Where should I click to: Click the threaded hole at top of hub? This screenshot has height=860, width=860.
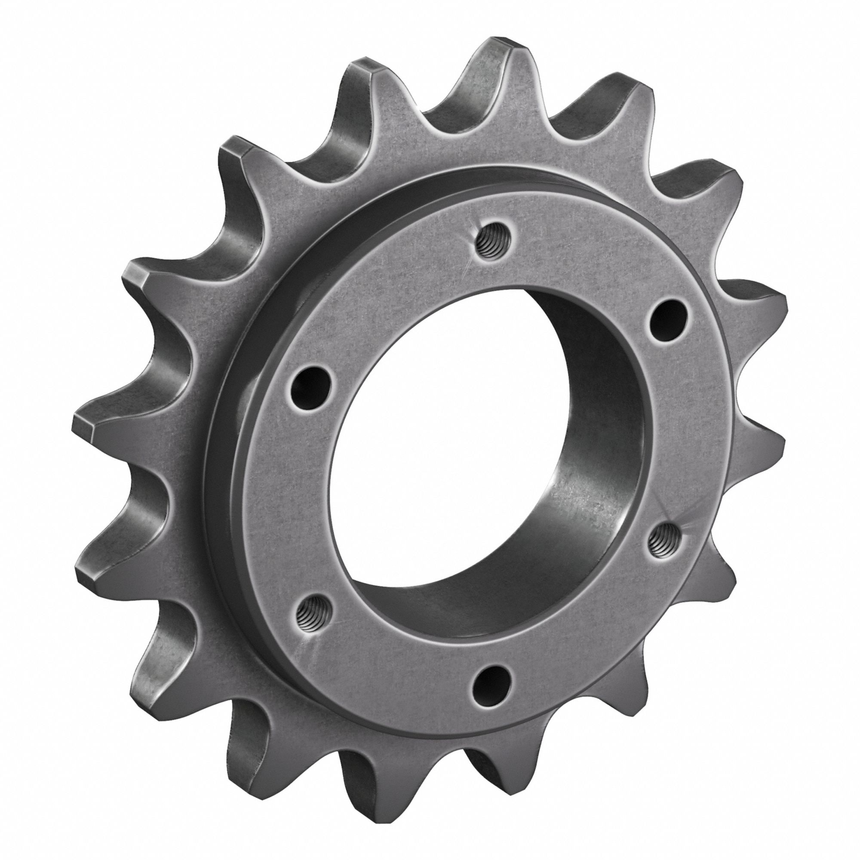(490, 243)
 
